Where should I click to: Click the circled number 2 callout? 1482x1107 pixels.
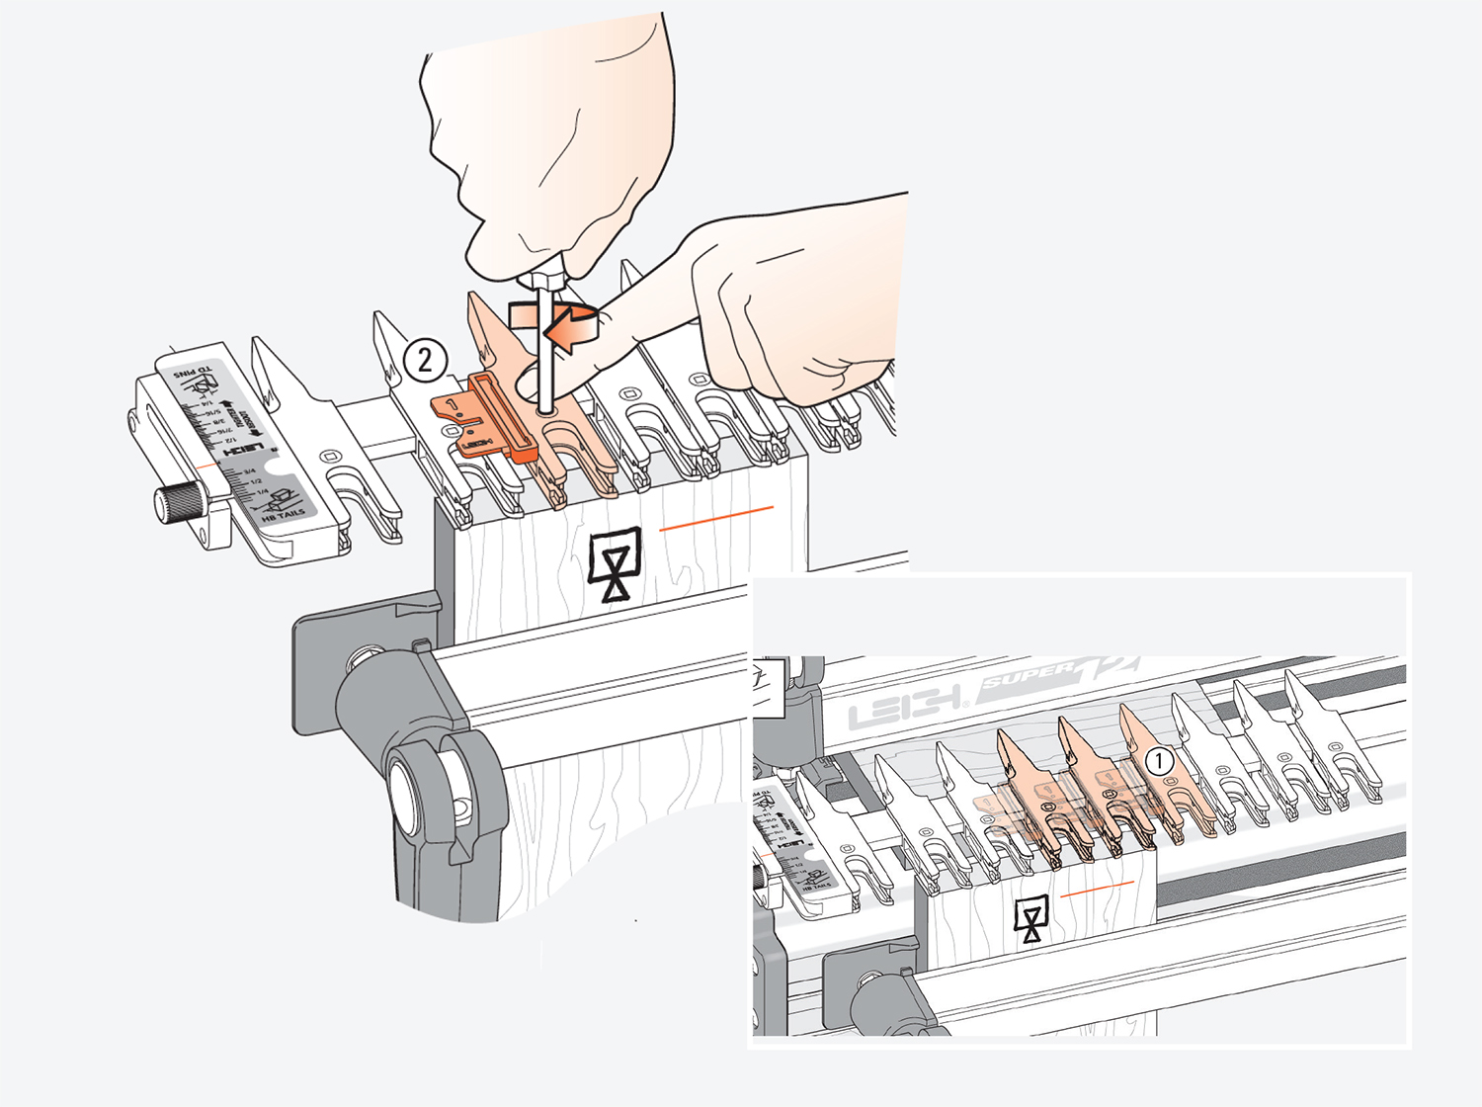[x=425, y=360]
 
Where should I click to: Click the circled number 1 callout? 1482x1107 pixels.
[x=1159, y=761]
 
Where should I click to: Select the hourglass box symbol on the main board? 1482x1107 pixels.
[x=615, y=564]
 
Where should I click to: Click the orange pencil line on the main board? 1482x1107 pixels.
[x=716, y=519]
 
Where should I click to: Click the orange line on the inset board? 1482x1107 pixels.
[x=1097, y=888]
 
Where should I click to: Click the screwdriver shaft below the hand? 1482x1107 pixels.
[x=543, y=346]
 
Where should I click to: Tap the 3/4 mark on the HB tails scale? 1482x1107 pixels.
[x=248, y=471]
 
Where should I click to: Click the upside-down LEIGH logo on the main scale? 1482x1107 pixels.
[x=243, y=451]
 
